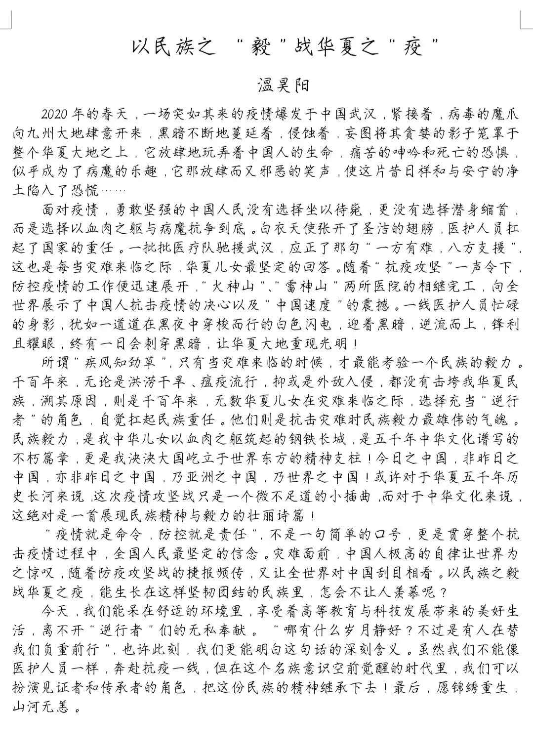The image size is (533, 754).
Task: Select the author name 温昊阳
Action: (284, 85)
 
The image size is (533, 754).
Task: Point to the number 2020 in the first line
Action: (55, 114)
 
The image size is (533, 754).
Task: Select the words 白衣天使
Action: (284, 229)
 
